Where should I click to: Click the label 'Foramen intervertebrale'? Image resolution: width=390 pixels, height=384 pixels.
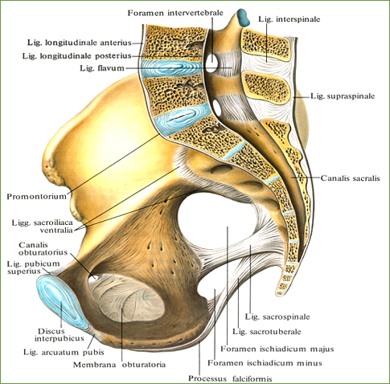coord(175,13)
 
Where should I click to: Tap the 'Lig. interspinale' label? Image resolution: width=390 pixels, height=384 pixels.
coord(289,19)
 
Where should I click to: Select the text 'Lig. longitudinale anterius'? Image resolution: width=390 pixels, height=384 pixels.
coord(80,43)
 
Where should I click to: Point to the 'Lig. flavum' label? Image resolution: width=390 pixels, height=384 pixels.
coord(102,68)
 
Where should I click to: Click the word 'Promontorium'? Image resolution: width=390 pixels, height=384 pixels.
coord(36,196)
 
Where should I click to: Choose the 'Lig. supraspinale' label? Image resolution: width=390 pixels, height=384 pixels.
coord(343,96)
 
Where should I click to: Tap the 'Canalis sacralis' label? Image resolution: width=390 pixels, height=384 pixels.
coord(350,178)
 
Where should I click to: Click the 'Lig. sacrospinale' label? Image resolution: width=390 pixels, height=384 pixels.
coord(277,317)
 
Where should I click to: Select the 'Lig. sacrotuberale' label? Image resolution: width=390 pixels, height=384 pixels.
coord(266,332)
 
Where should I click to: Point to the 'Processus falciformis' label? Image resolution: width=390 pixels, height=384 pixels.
coord(230,378)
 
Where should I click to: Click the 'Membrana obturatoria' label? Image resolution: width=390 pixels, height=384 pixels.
coord(119,365)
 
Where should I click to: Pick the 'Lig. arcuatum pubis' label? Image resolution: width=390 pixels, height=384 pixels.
coord(64,352)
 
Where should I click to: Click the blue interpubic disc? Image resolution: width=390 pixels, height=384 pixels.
coord(62,302)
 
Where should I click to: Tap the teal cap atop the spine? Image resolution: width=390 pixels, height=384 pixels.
coord(244,18)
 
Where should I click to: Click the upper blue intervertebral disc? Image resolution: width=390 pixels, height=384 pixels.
coord(171,68)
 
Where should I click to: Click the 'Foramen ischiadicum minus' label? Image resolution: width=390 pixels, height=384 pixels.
coord(265,363)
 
